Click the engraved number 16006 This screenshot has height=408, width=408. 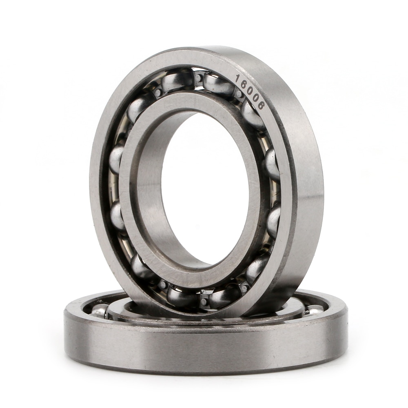250,92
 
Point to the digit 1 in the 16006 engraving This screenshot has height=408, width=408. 238,78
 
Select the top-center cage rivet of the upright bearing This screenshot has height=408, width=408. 198,78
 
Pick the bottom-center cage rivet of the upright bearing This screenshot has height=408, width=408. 204,302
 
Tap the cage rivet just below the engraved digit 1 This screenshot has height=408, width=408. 239,93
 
